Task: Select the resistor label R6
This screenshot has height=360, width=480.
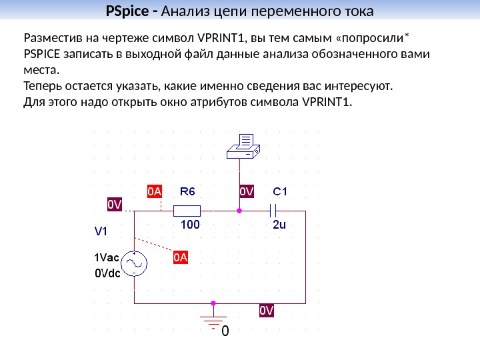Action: point(188,191)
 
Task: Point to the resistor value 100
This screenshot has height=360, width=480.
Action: point(190,225)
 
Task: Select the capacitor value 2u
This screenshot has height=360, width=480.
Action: point(279,225)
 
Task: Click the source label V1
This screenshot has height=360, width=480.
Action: point(101,232)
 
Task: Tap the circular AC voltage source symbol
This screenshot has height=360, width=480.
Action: point(135,264)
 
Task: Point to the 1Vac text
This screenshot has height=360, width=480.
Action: point(106,257)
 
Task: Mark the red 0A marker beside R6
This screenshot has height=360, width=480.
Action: point(154,191)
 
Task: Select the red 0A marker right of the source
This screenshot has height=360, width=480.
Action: point(181,257)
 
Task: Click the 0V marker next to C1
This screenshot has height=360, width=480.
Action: point(247,191)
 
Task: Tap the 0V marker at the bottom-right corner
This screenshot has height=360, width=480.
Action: point(267,311)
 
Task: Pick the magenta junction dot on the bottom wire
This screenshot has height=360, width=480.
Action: point(214,303)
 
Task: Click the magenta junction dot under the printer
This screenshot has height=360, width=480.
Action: point(240,211)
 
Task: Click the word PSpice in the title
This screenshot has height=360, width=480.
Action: point(128,12)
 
